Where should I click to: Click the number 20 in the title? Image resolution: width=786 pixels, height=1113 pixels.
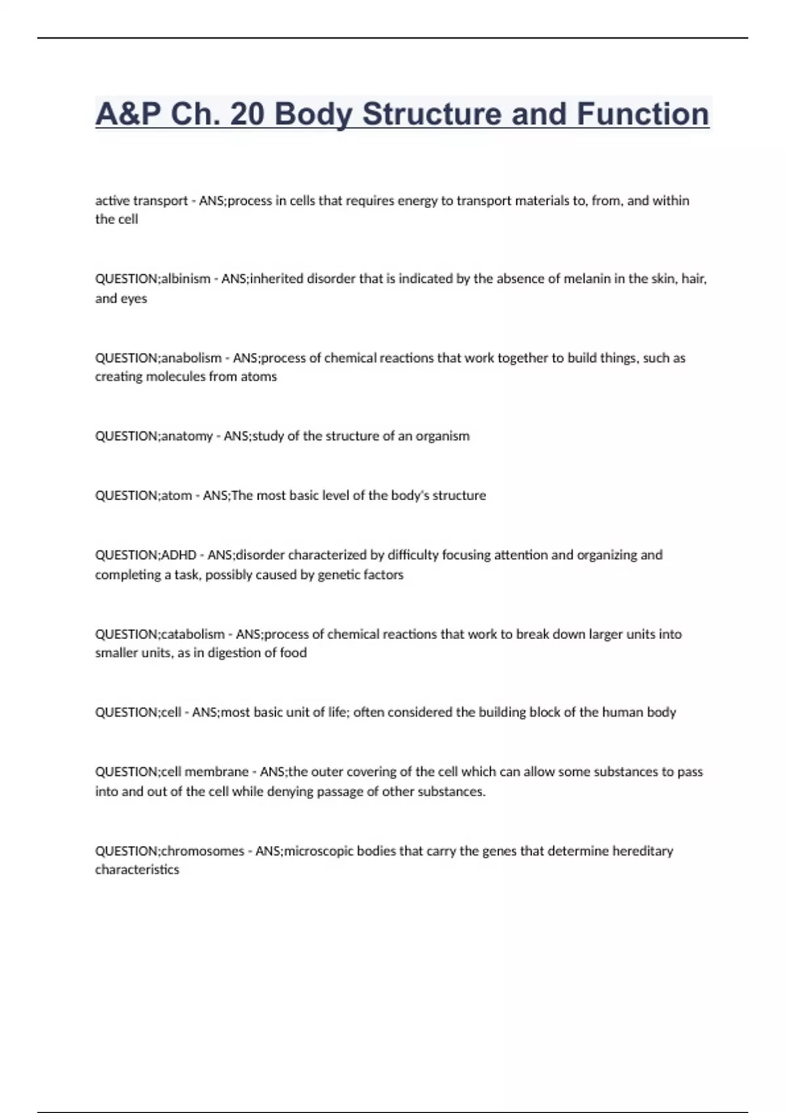click(248, 114)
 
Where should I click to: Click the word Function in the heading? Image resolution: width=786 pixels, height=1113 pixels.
click(643, 114)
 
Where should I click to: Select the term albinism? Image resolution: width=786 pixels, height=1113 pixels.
click(186, 279)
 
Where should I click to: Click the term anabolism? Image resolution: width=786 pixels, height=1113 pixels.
click(191, 358)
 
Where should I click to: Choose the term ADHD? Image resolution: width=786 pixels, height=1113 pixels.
click(179, 555)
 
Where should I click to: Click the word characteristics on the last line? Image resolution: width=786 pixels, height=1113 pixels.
click(137, 870)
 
